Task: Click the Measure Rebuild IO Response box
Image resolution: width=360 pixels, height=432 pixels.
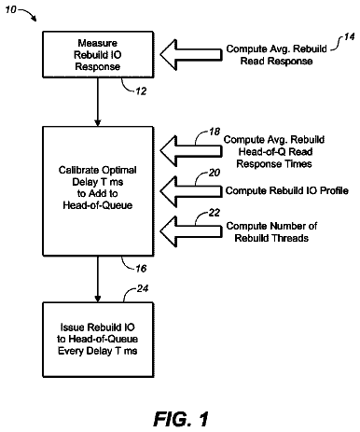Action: coord(98,54)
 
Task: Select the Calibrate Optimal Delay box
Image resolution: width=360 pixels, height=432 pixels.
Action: coord(98,191)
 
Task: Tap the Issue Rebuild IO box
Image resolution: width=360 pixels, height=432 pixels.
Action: coord(98,340)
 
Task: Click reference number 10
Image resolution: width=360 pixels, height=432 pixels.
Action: coord(10,9)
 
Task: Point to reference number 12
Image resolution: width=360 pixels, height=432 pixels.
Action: coord(141,91)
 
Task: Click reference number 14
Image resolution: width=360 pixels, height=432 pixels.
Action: coord(349,36)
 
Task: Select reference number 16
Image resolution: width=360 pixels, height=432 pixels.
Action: coord(141,269)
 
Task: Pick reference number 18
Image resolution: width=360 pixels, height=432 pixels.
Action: coord(215,132)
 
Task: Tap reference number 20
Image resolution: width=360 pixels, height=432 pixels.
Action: coord(215,173)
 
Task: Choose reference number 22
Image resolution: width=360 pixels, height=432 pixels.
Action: coord(215,213)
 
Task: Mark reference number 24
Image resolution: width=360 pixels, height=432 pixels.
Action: coord(143,288)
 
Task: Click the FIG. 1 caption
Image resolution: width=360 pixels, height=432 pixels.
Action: coord(181,419)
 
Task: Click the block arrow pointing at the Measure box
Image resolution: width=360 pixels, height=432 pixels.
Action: coord(191,55)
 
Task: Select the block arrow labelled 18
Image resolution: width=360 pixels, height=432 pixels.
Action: coord(191,151)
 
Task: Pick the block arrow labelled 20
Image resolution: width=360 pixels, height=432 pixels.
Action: coord(191,191)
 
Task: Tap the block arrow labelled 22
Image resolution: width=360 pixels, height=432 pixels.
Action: coord(191,231)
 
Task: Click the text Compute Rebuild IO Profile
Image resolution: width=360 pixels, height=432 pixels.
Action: coord(286,190)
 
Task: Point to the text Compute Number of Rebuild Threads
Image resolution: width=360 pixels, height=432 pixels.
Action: coord(271,232)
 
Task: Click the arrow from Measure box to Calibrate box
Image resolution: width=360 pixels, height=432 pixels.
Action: coord(98,102)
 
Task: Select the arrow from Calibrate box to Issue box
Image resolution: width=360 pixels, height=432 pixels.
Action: coord(98,279)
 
